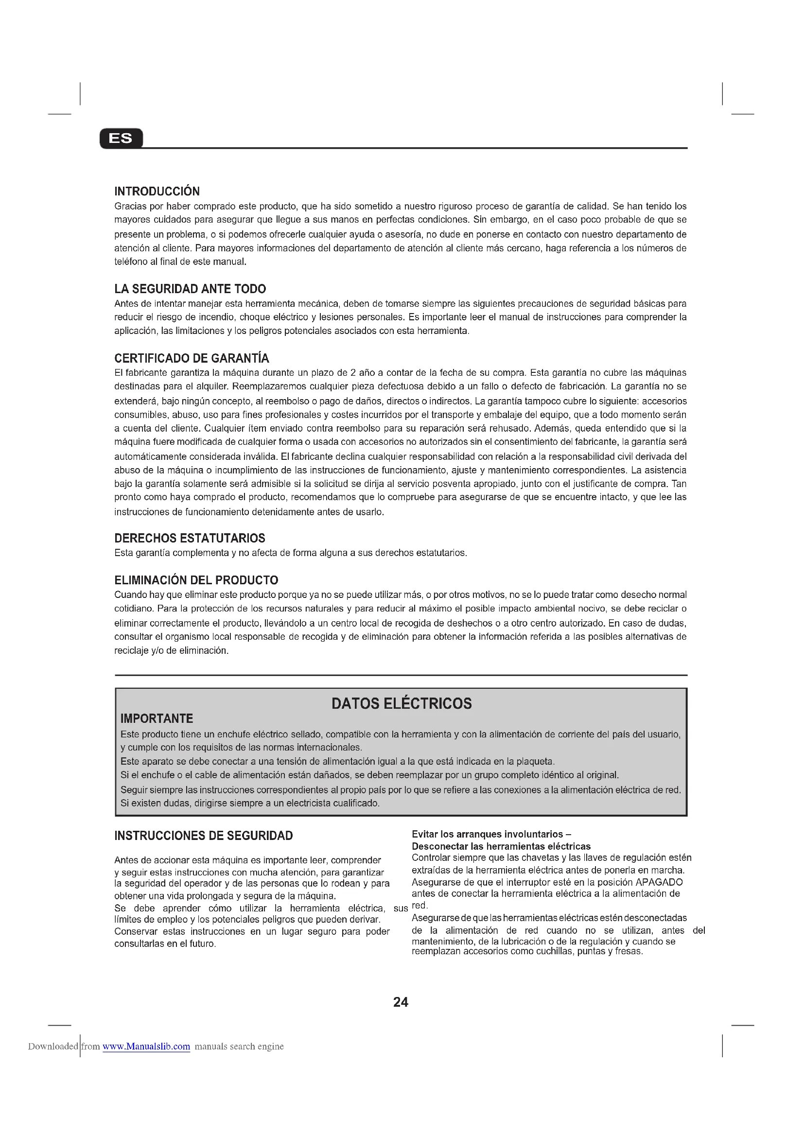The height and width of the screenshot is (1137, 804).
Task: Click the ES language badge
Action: point(121,138)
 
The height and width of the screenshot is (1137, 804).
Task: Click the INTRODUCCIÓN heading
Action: point(157,192)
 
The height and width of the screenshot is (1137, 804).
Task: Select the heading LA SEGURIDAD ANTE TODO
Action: point(190,289)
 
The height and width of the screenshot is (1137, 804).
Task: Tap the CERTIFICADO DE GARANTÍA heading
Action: point(192,359)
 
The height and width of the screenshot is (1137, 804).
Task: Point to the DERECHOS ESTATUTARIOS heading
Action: point(190,538)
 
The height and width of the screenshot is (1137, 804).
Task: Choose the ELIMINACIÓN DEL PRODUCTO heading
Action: point(196,580)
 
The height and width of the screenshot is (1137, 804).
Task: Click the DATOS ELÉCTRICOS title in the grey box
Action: point(402,704)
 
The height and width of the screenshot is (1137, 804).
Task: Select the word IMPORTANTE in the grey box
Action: point(157,718)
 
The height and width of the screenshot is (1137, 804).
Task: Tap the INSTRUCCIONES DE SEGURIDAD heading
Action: point(204,836)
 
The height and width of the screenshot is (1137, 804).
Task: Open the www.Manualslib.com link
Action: point(146,1047)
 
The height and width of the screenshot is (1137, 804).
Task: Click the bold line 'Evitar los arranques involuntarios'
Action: point(491,835)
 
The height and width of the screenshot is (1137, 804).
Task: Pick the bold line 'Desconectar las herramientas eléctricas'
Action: point(501,846)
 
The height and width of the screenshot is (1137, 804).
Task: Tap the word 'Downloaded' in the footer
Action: point(53,1047)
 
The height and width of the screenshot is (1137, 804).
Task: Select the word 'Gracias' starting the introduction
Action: point(130,207)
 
